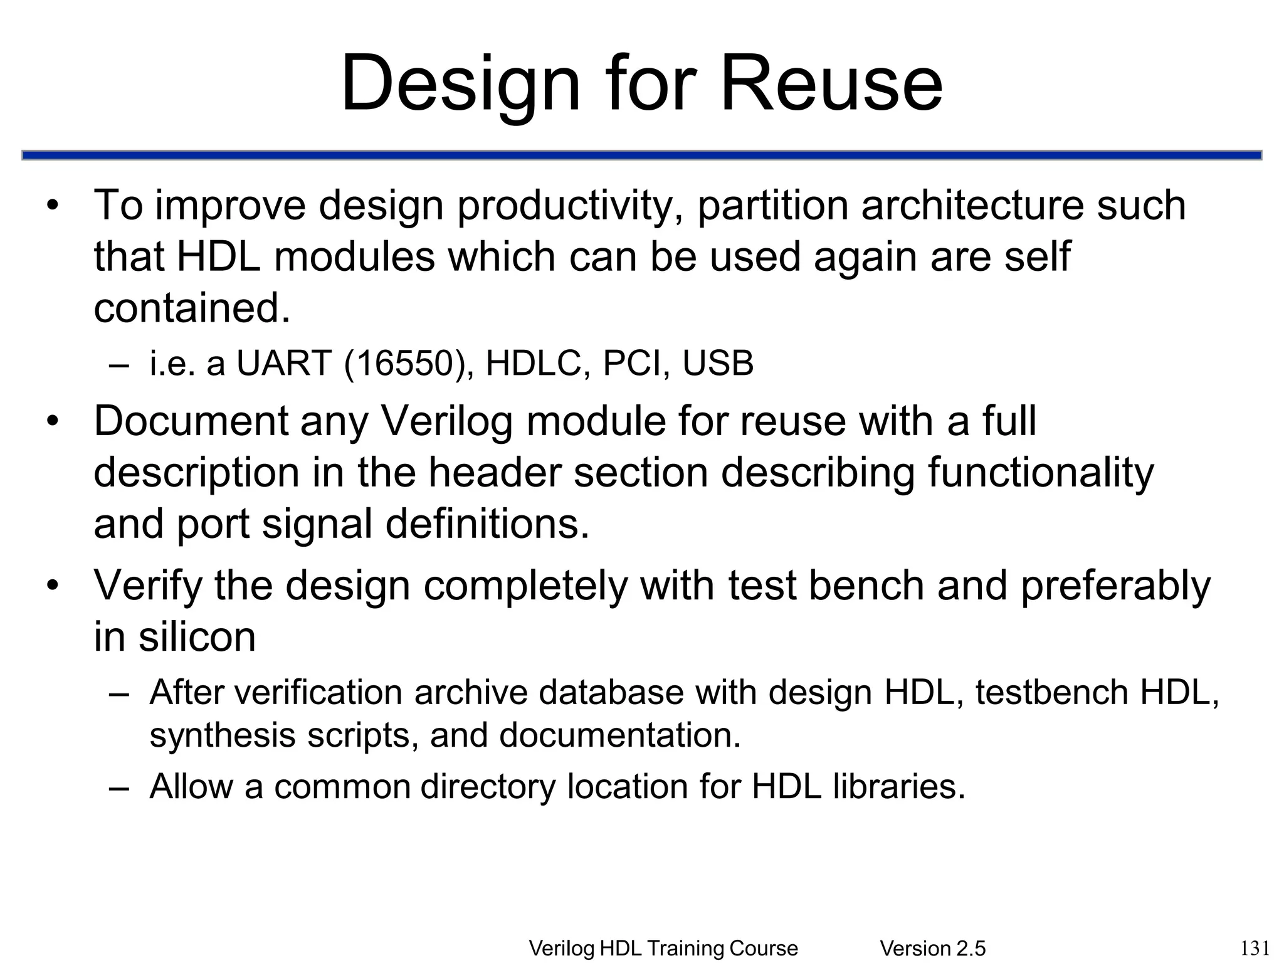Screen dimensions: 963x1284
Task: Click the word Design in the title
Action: click(x=461, y=83)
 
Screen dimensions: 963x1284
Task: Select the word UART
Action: click(x=283, y=363)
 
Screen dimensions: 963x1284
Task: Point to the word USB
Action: click(x=718, y=363)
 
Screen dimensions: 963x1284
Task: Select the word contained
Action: click(x=192, y=308)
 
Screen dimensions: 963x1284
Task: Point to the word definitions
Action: click(x=487, y=524)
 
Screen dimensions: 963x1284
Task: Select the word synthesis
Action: click(x=223, y=734)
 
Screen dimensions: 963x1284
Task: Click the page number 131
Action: click(x=1255, y=947)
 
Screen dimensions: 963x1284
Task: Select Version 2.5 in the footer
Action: click(x=933, y=949)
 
